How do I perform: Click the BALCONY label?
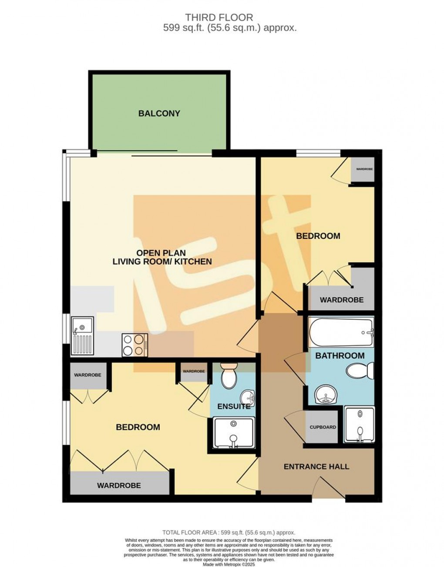159,114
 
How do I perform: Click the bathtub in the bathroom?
341,332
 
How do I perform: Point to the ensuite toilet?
229,377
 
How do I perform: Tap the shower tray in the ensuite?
234,433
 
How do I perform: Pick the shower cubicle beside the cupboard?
359,425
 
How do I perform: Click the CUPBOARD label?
323,427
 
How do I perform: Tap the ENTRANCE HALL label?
316,467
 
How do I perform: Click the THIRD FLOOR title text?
219,17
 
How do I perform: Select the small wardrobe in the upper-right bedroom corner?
364,169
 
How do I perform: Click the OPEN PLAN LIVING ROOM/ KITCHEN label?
162,257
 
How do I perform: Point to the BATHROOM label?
340,356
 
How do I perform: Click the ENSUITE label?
234,406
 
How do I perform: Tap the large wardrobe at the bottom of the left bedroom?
119,484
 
